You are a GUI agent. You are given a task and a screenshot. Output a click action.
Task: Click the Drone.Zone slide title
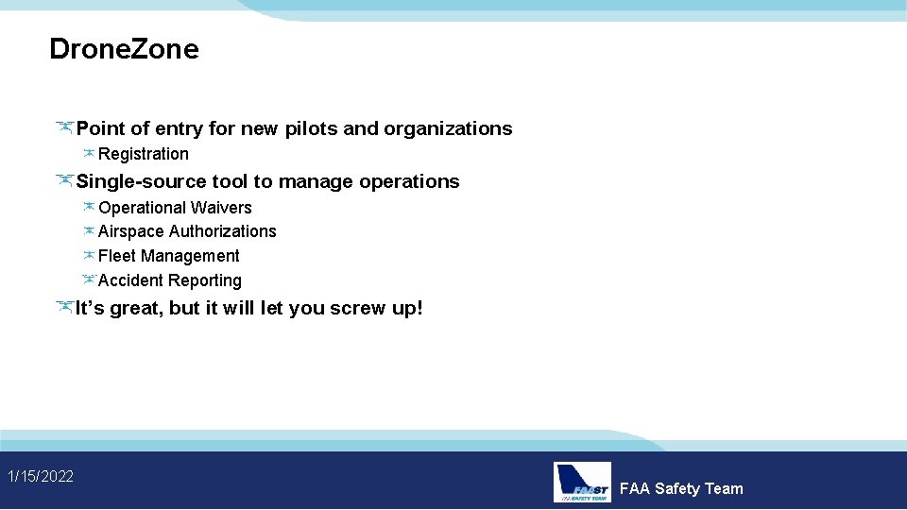[x=124, y=49]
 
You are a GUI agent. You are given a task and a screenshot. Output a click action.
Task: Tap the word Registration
[x=144, y=154]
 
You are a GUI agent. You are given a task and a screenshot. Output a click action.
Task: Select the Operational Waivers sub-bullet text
[x=175, y=208]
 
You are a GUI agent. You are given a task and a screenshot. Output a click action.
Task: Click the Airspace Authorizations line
[x=187, y=231]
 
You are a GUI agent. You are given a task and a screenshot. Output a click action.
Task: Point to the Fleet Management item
[x=169, y=256]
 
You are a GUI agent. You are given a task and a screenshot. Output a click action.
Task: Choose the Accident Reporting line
[x=170, y=280]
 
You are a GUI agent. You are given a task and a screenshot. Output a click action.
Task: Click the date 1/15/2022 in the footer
[x=41, y=476]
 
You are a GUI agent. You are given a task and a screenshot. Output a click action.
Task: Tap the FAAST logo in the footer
[x=582, y=482]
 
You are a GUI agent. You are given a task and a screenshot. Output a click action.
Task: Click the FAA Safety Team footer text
[x=681, y=488]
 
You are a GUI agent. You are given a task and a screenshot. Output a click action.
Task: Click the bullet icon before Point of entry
[x=64, y=127]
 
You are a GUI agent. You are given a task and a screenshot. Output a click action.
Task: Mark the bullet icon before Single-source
[x=64, y=179]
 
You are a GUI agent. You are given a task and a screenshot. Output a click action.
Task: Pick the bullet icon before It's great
[x=64, y=306]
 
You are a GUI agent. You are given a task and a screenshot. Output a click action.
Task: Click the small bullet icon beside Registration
[x=89, y=153]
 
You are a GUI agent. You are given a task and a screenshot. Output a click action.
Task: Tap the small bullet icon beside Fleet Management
[x=89, y=255]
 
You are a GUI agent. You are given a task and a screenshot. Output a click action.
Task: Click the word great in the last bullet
[x=136, y=308]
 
